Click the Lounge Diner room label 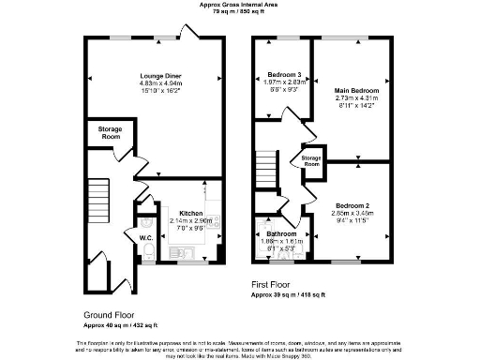(x=160, y=74)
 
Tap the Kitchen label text (x=191, y=213)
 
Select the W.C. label (x=146, y=237)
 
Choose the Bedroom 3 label (x=284, y=74)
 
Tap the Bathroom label (x=281, y=232)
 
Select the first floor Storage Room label (x=311, y=160)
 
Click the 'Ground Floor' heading (x=107, y=314)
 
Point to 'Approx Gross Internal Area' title (x=238, y=4)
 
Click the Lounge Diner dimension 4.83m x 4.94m (x=160, y=82)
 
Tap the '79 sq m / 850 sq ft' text (x=238, y=11)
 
